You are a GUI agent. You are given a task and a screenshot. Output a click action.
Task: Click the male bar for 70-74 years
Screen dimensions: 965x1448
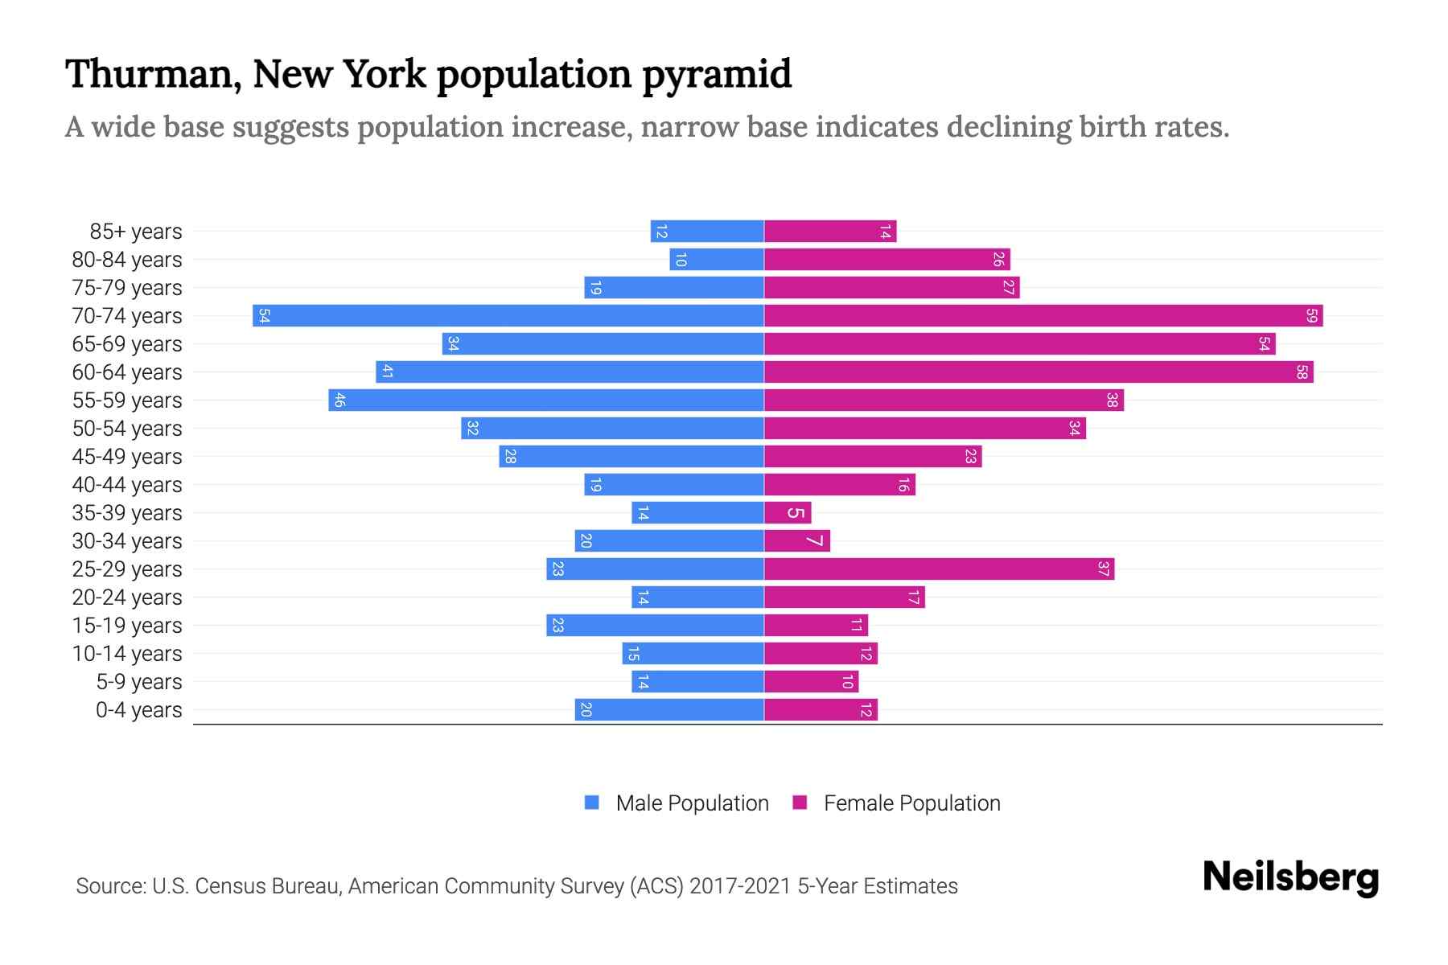[x=508, y=316]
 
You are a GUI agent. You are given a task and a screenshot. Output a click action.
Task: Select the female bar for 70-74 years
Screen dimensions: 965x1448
[x=1043, y=316]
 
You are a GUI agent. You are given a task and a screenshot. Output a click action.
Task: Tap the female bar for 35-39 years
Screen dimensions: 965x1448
[x=788, y=513]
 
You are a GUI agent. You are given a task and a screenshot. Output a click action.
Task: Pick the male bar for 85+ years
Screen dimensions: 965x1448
[x=707, y=232]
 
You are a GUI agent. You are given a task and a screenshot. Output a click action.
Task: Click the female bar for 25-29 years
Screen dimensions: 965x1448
[x=939, y=569]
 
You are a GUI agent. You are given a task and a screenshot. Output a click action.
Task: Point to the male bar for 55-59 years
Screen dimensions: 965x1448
[x=546, y=400]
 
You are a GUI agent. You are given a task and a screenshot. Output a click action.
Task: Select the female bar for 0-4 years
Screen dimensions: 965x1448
[x=821, y=710]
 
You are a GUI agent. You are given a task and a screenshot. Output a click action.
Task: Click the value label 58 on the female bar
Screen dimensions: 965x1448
[x=1302, y=372]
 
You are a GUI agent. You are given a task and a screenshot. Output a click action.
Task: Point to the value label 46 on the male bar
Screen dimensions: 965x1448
[x=339, y=400]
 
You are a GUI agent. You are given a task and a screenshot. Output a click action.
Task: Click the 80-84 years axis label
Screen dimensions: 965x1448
[x=127, y=260]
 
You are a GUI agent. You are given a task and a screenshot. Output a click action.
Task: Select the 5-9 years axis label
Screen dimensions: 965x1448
[x=138, y=682]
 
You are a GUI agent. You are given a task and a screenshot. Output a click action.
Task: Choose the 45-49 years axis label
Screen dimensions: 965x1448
[x=127, y=457]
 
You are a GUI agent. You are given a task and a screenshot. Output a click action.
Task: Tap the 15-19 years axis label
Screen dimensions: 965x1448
[x=127, y=626]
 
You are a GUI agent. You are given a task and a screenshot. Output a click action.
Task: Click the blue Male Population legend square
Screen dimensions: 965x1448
[x=592, y=803]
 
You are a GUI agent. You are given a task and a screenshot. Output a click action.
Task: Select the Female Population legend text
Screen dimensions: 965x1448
[x=911, y=803]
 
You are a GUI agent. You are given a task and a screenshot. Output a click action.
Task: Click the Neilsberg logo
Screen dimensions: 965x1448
[x=1290, y=877]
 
